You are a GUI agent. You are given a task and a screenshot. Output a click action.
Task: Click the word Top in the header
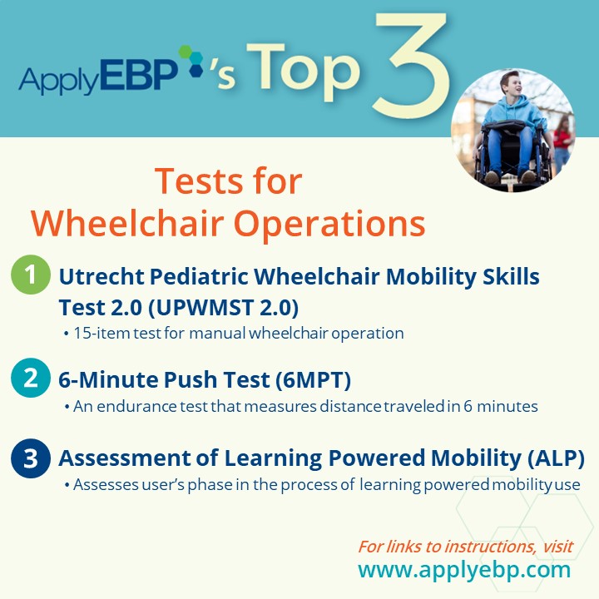(x=304, y=72)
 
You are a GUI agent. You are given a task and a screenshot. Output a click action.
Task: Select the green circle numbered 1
(x=31, y=275)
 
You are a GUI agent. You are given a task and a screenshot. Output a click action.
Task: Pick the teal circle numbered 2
(x=31, y=378)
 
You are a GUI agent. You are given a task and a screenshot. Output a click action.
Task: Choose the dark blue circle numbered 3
(x=31, y=458)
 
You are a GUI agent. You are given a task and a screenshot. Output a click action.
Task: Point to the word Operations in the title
(x=329, y=225)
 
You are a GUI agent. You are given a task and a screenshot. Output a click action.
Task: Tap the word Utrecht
(x=101, y=276)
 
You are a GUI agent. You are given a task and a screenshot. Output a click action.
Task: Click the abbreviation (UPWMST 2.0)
(x=223, y=308)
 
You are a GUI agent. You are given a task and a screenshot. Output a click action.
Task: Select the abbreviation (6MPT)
(x=313, y=380)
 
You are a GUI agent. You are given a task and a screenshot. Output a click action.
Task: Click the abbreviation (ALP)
(x=556, y=458)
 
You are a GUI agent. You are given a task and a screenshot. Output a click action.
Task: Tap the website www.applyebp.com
(x=464, y=570)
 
